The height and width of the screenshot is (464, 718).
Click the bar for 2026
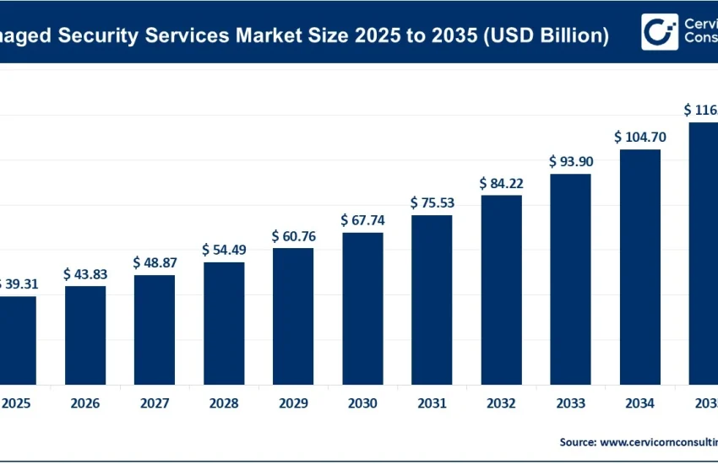(x=85, y=335)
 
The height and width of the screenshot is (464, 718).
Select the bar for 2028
(x=224, y=323)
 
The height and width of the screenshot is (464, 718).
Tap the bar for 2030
(x=362, y=308)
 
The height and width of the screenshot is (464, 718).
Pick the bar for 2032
(x=501, y=289)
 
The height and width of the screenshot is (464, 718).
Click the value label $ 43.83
(x=85, y=274)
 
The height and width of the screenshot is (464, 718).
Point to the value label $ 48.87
(x=155, y=262)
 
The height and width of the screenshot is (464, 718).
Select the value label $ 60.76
(x=293, y=236)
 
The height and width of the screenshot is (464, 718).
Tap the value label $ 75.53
(x=432, y=202)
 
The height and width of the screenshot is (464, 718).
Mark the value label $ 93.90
(x=570, y=161)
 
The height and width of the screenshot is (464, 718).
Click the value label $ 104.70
(x=639, y=137)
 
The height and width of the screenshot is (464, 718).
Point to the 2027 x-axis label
(x=155, y=404)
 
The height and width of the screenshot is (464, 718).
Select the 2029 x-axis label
(x=293, y=404)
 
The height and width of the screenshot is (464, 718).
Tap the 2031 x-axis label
(x=432, y=404)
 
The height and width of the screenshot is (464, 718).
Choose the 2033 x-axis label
(x=570, y=404)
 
